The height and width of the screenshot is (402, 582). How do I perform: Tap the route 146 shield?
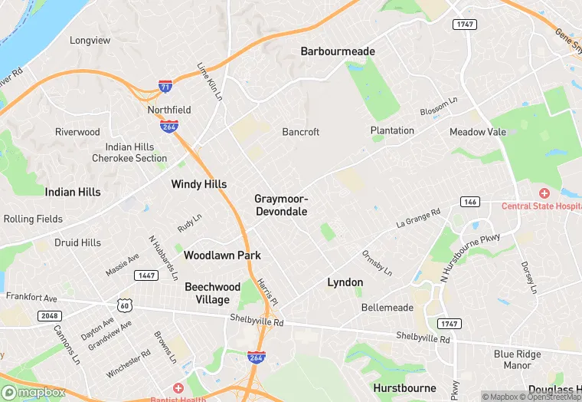point(469,201)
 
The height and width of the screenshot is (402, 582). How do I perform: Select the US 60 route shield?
point(125,305)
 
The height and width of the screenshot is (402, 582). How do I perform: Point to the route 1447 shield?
point(145,275)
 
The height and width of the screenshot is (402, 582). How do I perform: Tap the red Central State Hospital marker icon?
point(544,193)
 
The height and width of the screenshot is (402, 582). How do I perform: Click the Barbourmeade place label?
point(338,51)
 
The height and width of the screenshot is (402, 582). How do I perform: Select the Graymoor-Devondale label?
point(281,205)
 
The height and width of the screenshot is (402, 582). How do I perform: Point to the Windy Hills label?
point(198,184)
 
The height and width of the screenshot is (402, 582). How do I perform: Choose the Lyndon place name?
point(345,282)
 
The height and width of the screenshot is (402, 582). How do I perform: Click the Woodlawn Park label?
point(222,255)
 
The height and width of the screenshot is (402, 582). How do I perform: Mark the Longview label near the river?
point(90,40)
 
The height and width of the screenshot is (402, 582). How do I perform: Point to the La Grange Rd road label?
point(418,218)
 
